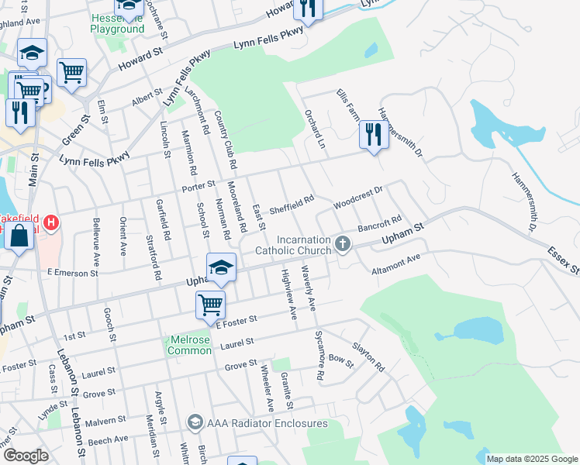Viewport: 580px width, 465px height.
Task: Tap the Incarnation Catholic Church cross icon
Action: pyautogui.click(x=343, y=245)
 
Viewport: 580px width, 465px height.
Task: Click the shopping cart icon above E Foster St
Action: pyautogui.click(x=210, y=305)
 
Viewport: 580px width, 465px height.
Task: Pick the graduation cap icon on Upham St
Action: pyautogui.click(x=221, y=267)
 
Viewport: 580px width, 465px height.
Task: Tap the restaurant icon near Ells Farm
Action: pyautogui.click(x=374, y=135)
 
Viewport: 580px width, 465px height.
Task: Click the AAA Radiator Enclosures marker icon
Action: pyautogui.click(x=194, y=422)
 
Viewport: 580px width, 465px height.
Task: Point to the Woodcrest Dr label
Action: pyautogui.click(x=358, y=197)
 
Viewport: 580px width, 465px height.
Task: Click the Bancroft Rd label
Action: pyautogui.click(x=380, y=223)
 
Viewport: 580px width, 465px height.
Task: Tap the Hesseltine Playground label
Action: pyautogui.click(x=117, y=22)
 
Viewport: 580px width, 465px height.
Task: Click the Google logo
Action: pyautogui.click(x=26, y=455)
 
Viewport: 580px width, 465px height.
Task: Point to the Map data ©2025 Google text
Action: pyautogui.click(x=532, y=459)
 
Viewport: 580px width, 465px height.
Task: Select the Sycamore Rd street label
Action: pyautogui.click(x=319, y=353)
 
